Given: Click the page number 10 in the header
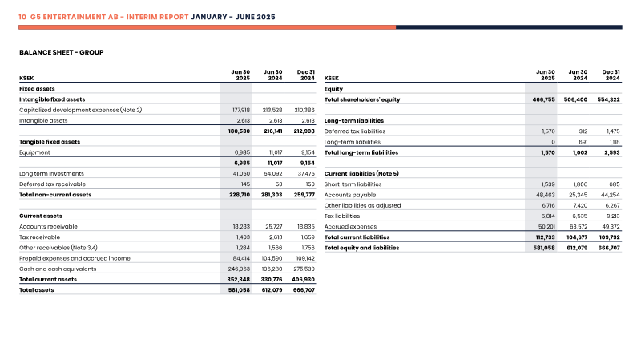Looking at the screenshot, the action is tap(22, 17).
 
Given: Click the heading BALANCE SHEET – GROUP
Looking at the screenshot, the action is tap(62, 52).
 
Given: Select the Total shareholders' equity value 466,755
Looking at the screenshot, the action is tap(544, 99).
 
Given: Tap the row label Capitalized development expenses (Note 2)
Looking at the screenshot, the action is tap(81, 110).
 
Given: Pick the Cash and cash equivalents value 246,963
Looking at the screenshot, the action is tap(239, 269).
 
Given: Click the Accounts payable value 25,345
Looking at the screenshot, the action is tap(578, 195).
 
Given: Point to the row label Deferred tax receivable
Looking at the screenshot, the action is tap(52, 184).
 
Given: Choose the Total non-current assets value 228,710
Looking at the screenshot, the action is tap(240, 195).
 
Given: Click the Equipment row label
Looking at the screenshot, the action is tap(34, 152).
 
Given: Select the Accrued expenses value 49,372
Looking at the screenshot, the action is tap(611, 227).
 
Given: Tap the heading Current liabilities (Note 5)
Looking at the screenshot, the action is tap(361, 173).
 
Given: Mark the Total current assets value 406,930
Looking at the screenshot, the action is tap(303, 279).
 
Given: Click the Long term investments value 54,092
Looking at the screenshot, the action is tap(273, 173).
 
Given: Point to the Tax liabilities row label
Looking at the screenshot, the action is tap(342, 216).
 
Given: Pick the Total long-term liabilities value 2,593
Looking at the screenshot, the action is tap(611, 152).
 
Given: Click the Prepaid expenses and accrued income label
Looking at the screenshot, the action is tap(75, 258).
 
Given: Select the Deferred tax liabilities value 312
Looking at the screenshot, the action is tap(583, 131).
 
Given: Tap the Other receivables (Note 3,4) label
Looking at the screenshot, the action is tap(58, 248).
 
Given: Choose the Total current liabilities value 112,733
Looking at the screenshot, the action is tap(546, 237).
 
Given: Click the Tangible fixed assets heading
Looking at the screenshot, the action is tap(50, 142).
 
